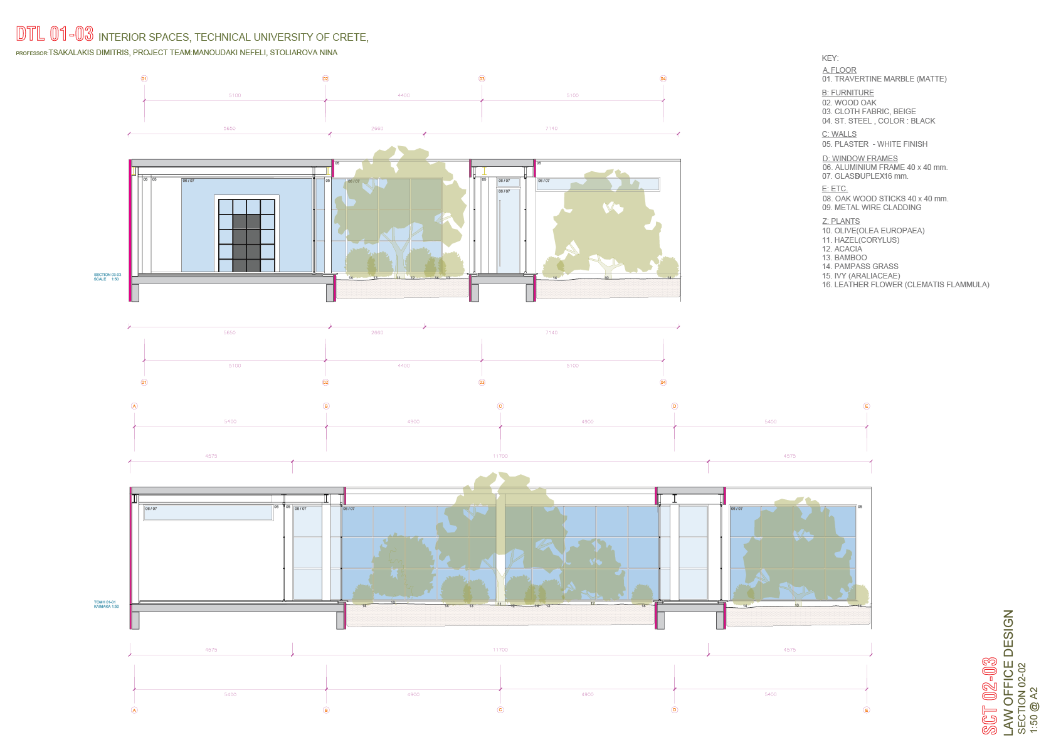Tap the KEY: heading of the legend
(830, 58)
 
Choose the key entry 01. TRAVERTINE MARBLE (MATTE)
(884, 79)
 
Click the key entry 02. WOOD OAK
(849, 103)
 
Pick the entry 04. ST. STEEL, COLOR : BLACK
(879, 121)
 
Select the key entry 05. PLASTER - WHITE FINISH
(875, 144)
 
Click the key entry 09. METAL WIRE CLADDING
(872, 208)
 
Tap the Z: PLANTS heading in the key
(841, 221)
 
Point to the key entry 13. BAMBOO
(844, 258)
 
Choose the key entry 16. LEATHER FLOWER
(906, 285)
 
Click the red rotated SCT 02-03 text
(990, 696)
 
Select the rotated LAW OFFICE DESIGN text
(1008, 672)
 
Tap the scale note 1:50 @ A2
(1033, 709)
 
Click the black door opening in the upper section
(246, 242)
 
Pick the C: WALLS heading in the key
(839, 134)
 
